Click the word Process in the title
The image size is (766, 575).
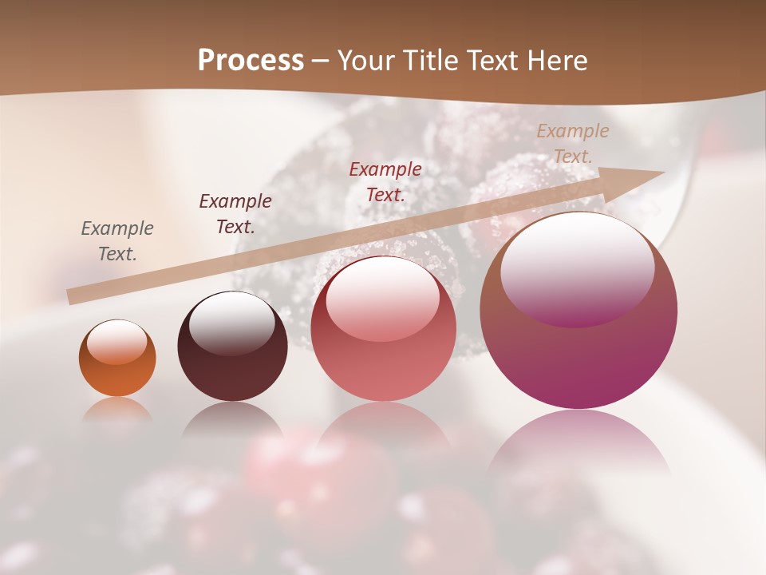pos(251,61)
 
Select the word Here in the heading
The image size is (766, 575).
pos(555,61)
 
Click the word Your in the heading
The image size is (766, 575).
pos(367,61)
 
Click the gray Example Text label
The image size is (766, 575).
pos(117,241)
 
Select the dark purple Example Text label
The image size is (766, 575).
pos(235,214)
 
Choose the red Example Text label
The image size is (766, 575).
pos(385,182)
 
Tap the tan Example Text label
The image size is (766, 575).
pos(573,144)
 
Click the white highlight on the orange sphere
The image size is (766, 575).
pos(117,342)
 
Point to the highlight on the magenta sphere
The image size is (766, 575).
pos(577,268)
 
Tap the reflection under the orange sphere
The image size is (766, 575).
pos(117,409)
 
